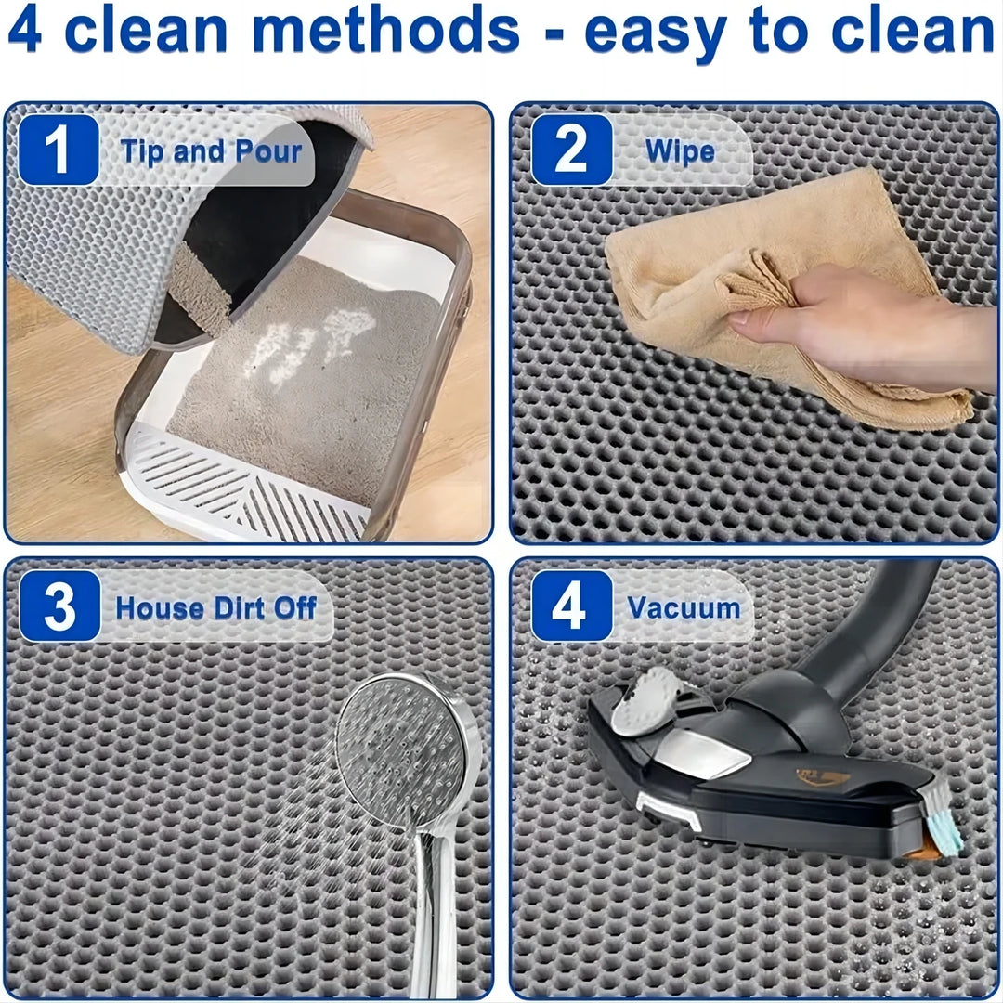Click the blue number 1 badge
point(58,150)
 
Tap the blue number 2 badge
point(571,150)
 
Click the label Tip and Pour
point(211,151)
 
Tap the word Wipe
point(681,151)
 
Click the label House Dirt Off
point(215,608)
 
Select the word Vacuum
point(684,608)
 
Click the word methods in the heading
point(386,30)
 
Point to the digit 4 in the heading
point(25,30)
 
